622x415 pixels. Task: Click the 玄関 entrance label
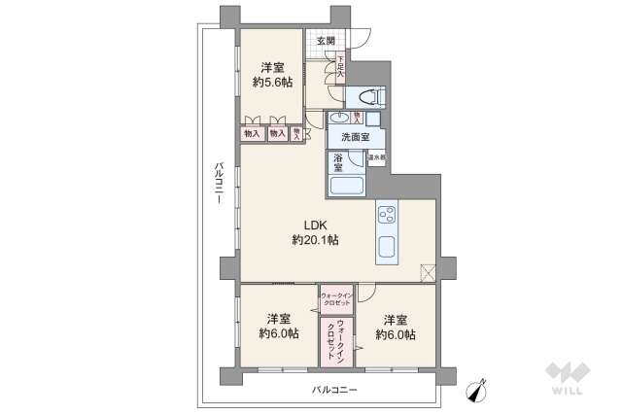click(326, 41)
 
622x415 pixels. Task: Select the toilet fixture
click(369, 96)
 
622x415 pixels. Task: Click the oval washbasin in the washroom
click(336, 117)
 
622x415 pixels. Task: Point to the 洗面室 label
click(355, 137)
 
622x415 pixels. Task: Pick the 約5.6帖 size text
click(271, 83)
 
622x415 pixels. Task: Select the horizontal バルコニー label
click(334, 389)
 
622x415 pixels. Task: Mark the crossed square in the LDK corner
click(428, 272)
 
